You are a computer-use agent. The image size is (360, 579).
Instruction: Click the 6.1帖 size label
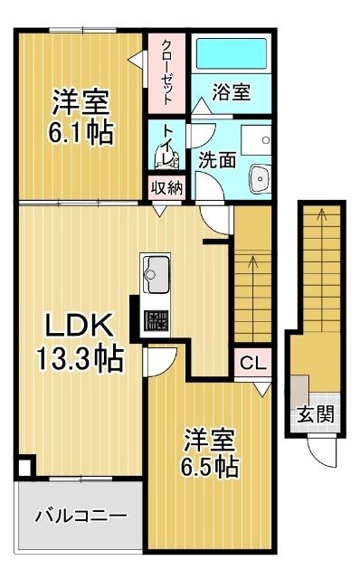coord(81,133)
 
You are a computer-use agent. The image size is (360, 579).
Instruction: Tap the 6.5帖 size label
coord(211,468)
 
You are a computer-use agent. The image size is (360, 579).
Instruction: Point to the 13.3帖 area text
coord(81,359)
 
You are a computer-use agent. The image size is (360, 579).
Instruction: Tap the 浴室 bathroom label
coord(231,91)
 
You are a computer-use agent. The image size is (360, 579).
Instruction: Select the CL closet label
coord(252,365)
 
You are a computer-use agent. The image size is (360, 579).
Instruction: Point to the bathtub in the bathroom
coord(231,55)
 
